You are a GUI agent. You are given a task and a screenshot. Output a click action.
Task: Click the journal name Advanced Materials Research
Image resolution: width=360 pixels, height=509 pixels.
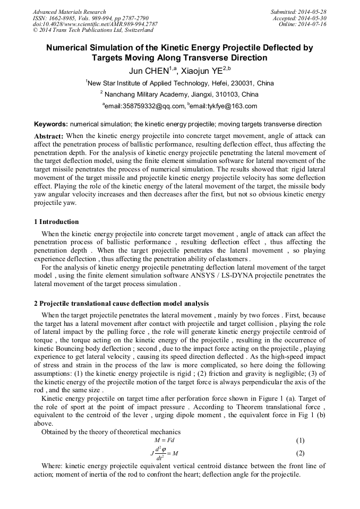coord(69,12)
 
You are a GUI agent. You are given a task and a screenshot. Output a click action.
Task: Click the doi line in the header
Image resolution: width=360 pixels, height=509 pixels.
coord(95,24)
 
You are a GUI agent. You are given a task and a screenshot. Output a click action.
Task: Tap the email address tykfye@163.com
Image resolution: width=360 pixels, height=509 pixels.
coord(230,106)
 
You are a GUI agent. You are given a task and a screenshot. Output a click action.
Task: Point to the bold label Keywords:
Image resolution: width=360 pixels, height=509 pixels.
coord(50,124)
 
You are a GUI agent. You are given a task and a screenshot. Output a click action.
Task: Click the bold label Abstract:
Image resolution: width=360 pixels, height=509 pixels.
coord(49,136)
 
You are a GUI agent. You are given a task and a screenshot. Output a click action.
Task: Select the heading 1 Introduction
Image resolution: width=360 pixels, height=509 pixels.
coord(56,222)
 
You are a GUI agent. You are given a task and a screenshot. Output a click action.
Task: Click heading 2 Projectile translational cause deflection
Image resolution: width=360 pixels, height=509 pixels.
coord(121,304)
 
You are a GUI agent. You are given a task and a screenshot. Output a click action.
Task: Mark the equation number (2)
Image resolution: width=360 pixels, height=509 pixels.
coord(300,453)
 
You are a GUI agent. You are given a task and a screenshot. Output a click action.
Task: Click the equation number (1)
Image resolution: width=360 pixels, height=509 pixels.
coord(300,441)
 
